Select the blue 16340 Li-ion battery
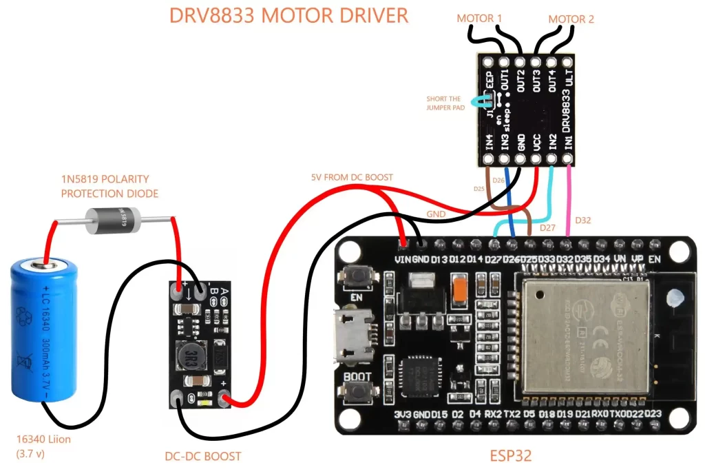coord(45,330)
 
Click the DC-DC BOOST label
coord(203,456)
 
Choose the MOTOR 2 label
coord(571,19)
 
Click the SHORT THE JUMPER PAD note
coord(445,103)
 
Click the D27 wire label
coord(547,227)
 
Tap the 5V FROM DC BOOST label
coord(352,177)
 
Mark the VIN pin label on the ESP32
coord(402,259)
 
